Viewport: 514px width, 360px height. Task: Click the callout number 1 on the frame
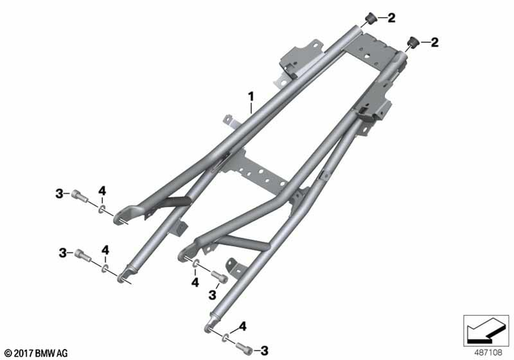[x=251, y=97]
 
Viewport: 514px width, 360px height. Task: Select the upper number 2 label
[x=391, y=18]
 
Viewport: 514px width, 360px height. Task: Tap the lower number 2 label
[x=434, y=42]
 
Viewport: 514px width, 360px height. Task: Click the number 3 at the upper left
[x=59, y=193]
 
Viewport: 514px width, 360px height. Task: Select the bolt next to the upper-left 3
[x=80, y=196]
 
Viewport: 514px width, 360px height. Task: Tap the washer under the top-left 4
[x=102, y=208]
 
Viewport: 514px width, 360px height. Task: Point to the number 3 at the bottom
[x=264, y=351]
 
